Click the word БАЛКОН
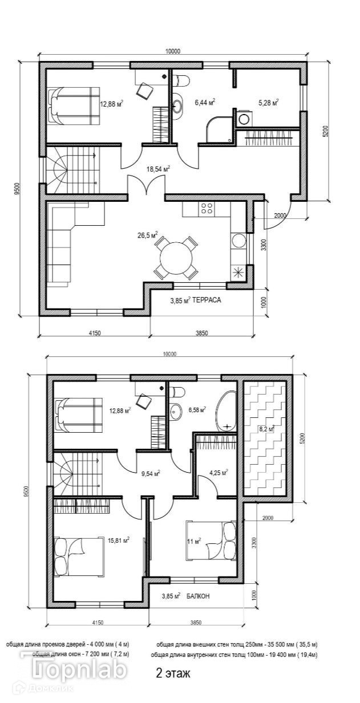pyautogui.click(x=197, y=596)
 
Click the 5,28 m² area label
pyautogui.click(x=268, y=103)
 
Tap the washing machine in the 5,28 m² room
pyautogui.click(x=244, y=119)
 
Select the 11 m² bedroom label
pyautogui.click(x=194, y=541)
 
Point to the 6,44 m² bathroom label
pyautogui.click(x=204, y=103)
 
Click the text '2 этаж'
pyautogui.click(x=173, y=673)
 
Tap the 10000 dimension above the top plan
pyautogui.click(x=172, y=51)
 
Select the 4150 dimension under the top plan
pyautogui.click(x=95, y=333)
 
